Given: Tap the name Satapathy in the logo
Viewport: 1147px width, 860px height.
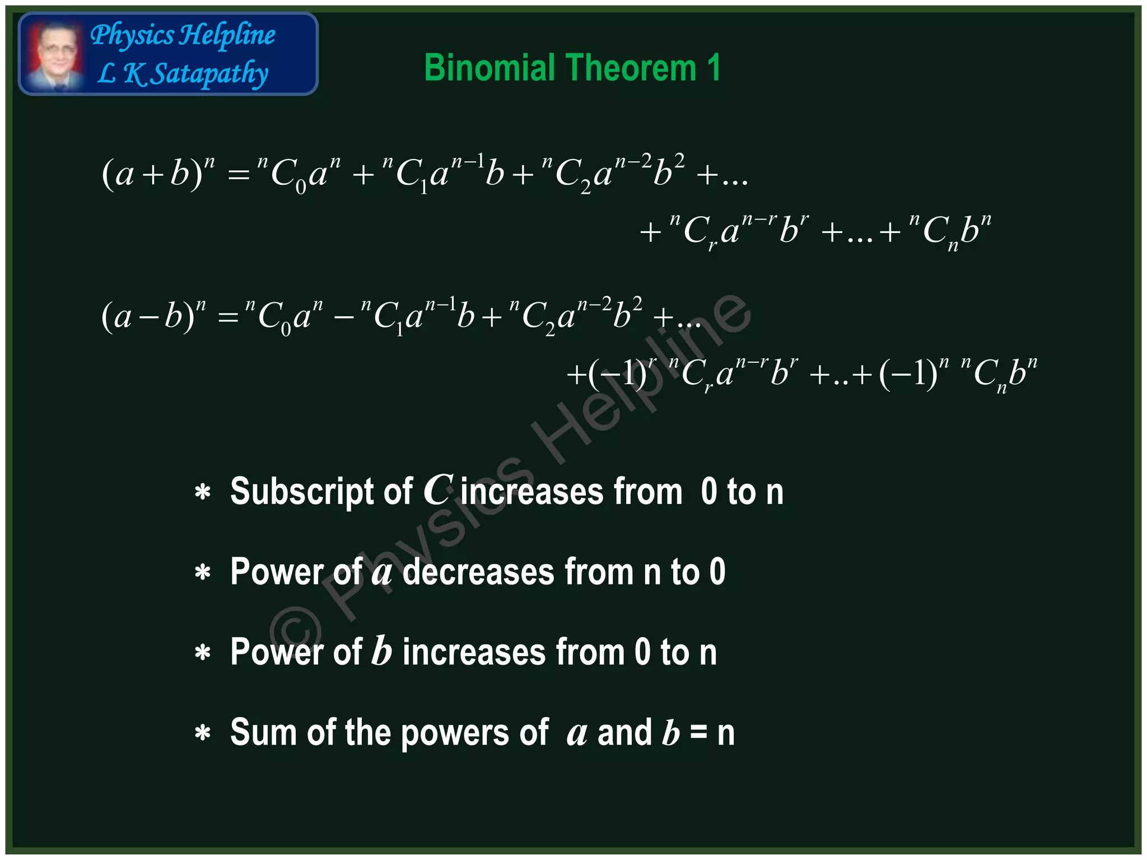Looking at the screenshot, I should pyautogui.click(x=211, y=74).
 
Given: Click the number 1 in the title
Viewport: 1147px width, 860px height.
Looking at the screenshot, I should pyautogui.click(x=714, y=68).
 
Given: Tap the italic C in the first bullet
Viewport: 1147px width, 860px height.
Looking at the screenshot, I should pyautogui.click(x=438, y=490).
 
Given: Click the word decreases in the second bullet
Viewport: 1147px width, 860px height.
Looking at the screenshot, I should pyautogui.click(x=478, y=572).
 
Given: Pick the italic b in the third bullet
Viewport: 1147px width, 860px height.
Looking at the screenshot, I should pyautogui.click(x=382, y=652).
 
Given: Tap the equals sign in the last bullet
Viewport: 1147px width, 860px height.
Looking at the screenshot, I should pyautogui.click(x=698, y=733).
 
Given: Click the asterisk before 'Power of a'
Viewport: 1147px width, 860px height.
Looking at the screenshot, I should pyautogui.click(x=202, y=573).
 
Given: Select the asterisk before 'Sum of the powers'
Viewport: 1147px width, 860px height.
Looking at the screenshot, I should pyautogui.click(x=202, y=734).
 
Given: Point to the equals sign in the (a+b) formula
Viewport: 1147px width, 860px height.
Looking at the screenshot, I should pyautogui.click(x=239, y=175).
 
